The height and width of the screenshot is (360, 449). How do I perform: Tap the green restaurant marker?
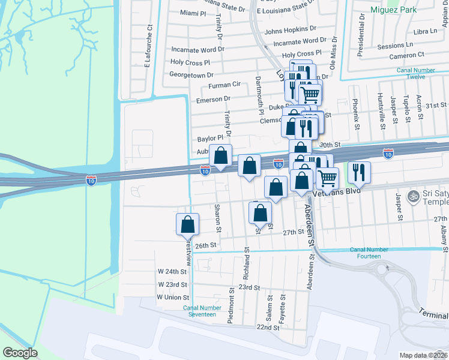point(359,173)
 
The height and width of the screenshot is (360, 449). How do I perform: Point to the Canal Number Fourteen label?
point(366,253)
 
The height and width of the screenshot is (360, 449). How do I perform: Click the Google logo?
point(20,352)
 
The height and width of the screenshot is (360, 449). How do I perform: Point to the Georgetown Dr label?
point(191,75)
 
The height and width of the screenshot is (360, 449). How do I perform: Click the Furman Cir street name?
point(224,85)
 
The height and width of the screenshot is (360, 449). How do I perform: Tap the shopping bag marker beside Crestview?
point(188,225)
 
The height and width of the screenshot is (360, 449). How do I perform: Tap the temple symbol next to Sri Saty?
point(412,196)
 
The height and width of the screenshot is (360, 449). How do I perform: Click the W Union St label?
point(173,297)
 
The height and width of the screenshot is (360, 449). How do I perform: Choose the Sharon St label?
point(218,218)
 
